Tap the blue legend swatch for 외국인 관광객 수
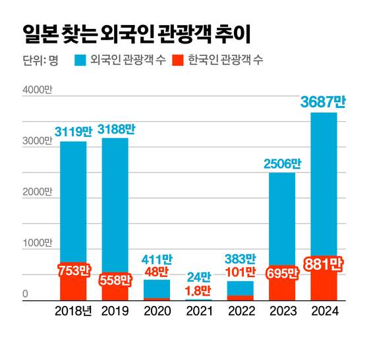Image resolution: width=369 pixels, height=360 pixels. click(84, 63)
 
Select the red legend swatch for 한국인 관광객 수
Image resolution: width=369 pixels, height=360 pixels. click(177, 63)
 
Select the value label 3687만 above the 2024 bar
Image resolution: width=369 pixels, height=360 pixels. click(323, 102)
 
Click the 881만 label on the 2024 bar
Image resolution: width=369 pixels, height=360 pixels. click(323, 265)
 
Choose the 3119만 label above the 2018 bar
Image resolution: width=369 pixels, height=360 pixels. click(73, 132)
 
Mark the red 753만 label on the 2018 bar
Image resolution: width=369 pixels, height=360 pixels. click(73, 270)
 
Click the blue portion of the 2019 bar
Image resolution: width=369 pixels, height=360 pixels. click(115, 204)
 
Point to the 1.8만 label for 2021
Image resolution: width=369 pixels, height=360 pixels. click(198, 290)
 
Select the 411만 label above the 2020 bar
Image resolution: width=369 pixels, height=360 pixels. click(157, 258)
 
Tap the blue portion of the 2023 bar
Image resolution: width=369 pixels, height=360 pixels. click(282, 217)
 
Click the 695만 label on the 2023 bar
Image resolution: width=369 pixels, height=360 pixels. click(282, 273)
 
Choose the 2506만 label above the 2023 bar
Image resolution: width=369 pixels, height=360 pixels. click(282, 163)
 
